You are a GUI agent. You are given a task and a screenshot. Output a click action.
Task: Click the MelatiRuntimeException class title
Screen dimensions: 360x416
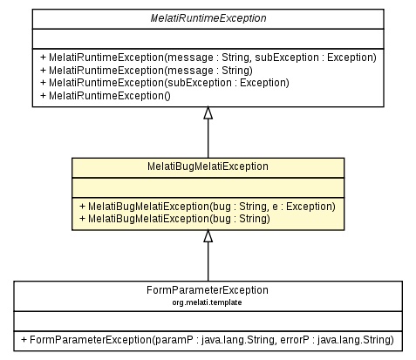pyautogui.click(x=208, y=17)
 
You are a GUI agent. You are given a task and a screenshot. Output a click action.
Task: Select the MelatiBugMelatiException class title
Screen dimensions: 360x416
pyautogui.click(x=208, y=166)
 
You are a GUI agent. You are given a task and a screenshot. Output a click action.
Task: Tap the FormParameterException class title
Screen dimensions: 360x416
pyautogui.click(x=208, y=289)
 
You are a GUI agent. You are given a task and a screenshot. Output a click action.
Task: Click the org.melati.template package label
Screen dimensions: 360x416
pyautogui.click(x=208, y=302)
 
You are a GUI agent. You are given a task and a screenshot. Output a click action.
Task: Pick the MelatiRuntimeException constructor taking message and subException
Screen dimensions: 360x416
pyautogui.click(x=208, y=58)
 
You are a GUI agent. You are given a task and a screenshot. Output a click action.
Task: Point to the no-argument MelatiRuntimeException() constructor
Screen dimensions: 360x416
pyautogui.click(x=106, y=97)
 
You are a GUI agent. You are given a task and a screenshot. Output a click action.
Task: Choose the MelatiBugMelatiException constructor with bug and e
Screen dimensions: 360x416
pyautogui.click(x=207, y=206)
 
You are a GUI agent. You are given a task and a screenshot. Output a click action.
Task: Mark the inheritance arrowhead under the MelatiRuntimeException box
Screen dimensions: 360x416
pyautogui.click(x=208, y=113)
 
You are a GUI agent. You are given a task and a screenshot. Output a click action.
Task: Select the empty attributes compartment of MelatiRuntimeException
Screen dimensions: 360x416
pyautogui.click(x=208, y=37)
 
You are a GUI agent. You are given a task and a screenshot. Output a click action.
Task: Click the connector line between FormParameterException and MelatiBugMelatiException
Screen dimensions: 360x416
pyautogui.click(x=208, y=262)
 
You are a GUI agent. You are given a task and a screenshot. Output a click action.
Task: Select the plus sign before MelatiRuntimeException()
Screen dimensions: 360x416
pyautogui.click(x=43, y=97)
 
